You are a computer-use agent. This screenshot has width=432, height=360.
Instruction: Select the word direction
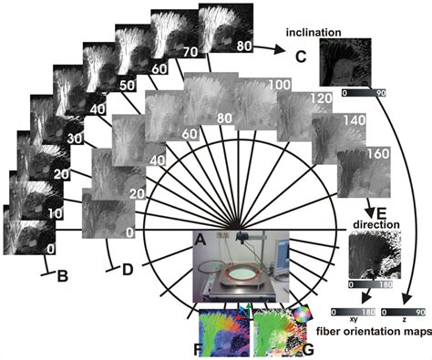[376, 223]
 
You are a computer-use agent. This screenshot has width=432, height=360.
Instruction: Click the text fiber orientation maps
[374, 329]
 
